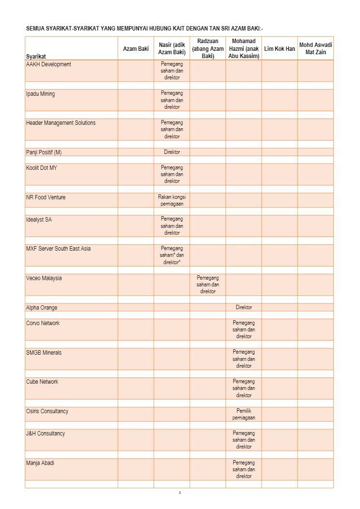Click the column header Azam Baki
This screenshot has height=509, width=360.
[136, 49]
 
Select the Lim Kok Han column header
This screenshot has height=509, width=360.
[280, 49]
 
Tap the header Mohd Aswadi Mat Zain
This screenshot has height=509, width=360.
[315, 48]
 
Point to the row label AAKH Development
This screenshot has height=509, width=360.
[48, 64]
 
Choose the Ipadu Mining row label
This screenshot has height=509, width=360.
[40, 94]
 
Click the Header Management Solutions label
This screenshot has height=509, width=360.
[60, 123]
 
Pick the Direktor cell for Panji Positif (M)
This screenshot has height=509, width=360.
[172, 152]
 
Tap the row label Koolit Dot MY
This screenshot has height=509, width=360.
[42, 168]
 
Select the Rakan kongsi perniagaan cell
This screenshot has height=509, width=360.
[172, 200]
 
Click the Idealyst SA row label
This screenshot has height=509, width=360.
[39, 220]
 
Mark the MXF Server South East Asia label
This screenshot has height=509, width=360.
[58, 249]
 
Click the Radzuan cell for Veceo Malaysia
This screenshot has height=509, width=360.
[208, 284]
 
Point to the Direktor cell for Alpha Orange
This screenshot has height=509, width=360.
[244, 307]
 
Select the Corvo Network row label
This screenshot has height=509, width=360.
[43, 323]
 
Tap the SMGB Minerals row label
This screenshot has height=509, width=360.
[44, 353]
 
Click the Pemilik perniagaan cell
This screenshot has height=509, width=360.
[244, 414]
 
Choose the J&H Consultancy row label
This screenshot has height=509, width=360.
[45, 434]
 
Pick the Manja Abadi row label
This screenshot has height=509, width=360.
[40, 463]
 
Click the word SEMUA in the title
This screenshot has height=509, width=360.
[35, 29]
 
